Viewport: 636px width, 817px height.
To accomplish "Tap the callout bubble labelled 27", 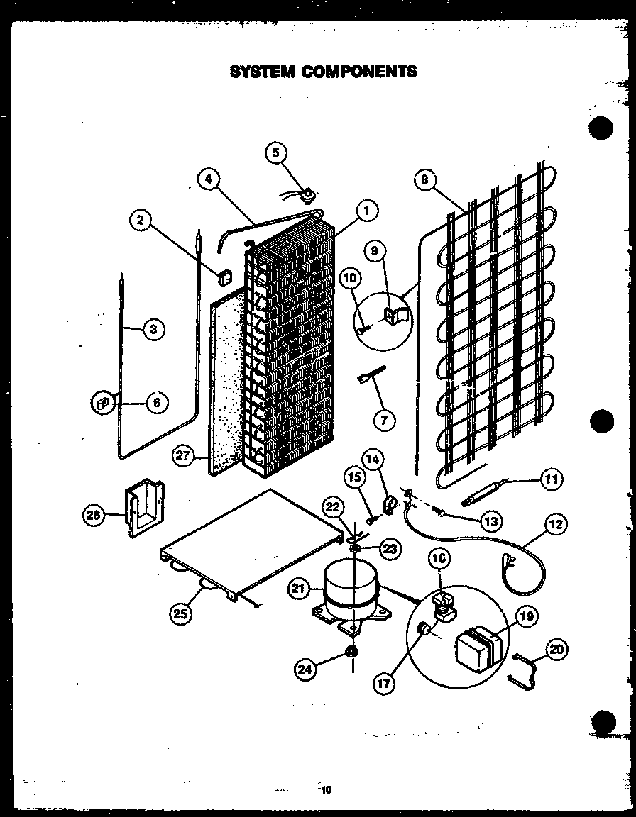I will coord(184,456).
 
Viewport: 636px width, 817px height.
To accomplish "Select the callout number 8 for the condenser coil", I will coord(424,180).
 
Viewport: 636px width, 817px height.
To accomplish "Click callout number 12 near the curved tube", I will coord(556,526).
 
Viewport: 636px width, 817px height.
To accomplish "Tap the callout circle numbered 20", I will coord(559,648).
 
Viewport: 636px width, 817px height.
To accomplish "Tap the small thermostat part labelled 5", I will coord(309,191).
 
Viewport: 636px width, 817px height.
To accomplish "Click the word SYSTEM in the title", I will coord(262,72).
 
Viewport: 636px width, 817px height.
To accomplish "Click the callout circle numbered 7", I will coord(384,420).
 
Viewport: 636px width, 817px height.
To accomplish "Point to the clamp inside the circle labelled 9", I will coord(394,313).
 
